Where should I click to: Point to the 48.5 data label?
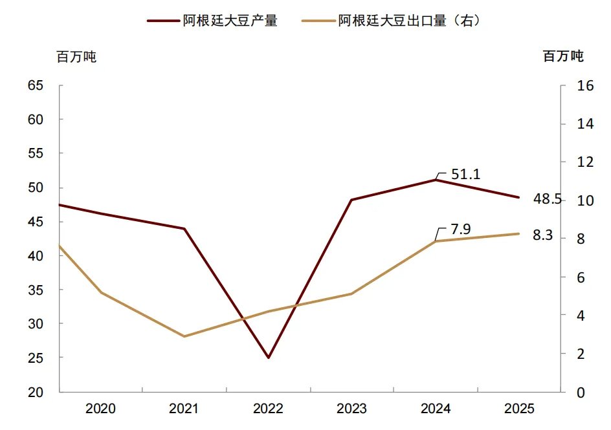547,199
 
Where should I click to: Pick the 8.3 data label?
542,235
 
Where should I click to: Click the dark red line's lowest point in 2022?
268,358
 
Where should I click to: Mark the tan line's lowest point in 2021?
184,336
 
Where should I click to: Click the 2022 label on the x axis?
267,409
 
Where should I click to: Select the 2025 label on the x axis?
519,409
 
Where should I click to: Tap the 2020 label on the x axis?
100,409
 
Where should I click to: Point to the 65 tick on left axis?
36,85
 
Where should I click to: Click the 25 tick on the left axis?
36,358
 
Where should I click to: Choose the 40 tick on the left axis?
36,255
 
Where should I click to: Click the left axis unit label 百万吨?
76,57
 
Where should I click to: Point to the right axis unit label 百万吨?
563,57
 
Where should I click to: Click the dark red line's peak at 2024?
435,180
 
